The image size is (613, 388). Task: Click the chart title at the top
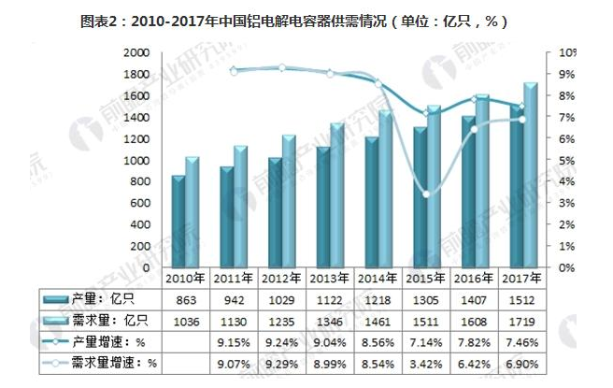point(307,21)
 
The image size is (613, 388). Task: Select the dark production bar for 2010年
point(177,221)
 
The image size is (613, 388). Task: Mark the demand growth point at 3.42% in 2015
point(426,194)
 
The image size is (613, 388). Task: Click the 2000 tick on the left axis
point(138,52)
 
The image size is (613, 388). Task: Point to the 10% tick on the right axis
point(567,52)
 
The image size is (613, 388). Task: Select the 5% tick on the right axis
point(567,160)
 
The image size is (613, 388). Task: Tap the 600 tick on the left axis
point(141,203)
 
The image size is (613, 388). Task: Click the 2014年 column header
point(377,278)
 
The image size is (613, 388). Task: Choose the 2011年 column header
point(233,278)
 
